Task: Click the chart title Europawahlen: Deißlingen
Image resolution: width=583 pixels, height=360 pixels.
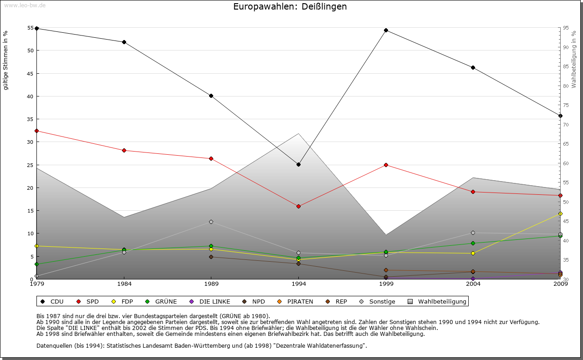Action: (290, 7)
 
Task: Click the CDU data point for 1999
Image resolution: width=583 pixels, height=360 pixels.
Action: (386, 30)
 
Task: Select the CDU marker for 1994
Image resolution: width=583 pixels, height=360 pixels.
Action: (298, 164)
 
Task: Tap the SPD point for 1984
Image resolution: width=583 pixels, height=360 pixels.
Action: (124, 150)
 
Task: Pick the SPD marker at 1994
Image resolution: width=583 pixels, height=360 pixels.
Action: (298, 206)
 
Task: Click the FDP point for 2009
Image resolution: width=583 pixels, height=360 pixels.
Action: (560, 213)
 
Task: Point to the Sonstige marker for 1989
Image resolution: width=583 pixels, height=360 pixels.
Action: (211, 222)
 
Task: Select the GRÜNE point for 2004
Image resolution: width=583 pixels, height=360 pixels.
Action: (473, 243)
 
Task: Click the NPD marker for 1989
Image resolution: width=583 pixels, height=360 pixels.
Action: (211, 257)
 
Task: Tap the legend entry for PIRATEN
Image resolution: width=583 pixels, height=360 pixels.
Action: (296, 301)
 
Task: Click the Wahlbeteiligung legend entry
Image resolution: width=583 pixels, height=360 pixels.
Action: (437, 301)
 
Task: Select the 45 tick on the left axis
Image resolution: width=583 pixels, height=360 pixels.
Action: (31, 73)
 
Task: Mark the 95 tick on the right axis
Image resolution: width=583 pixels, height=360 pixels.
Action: (565, 28)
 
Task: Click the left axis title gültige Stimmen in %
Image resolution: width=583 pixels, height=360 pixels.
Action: (6, 60)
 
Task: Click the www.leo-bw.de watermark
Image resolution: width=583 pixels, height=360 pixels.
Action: (24, 5)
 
